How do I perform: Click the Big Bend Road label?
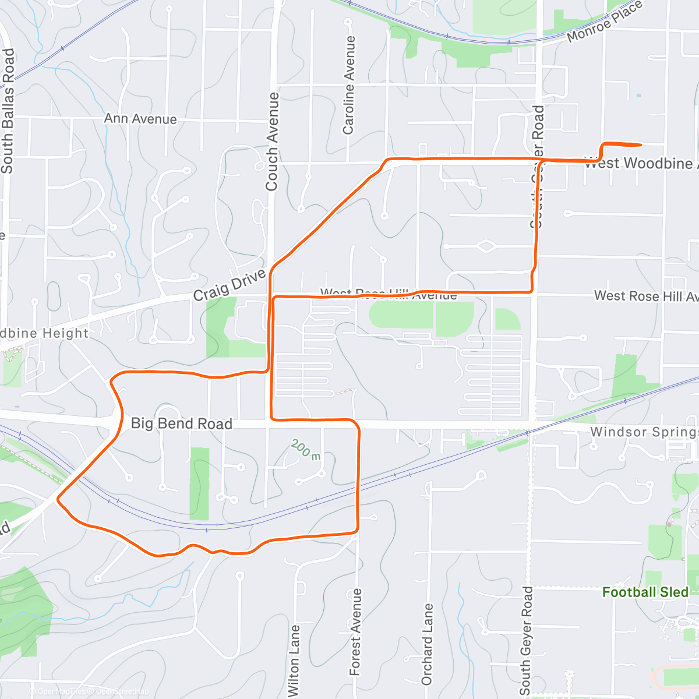click(181, 423)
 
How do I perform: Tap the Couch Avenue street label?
click(272, 142)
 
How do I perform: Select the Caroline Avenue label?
click(348, 85)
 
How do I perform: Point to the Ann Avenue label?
click(140, 119)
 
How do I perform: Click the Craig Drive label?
click(230, 285)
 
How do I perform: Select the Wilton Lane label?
click(295, 660)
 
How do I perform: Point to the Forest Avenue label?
click(355, 632)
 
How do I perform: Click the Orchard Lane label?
click(427, 644)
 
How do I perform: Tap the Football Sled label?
click(645, 592)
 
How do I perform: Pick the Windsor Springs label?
click(644, 432)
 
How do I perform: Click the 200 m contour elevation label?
click(306, 449)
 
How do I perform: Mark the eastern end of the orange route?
click(641, 144)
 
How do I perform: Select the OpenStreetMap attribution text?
click(122, 691)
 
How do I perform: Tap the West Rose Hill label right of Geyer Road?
click(645, 296)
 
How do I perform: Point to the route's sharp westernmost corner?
click(58, 499)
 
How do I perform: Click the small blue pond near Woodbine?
click(638, 96)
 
